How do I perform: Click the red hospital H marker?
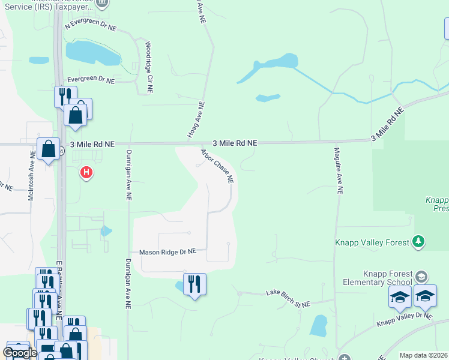(x=86, y=173)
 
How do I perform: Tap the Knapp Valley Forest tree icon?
(x=418, y=242)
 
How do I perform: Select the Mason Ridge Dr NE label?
(x=168, y=253)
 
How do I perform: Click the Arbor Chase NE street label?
(x=217, y=166)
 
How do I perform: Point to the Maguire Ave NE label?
(x=339, y=171)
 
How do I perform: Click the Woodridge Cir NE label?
(x=149, y=67)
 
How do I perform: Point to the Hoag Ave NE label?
(x=196, y=119)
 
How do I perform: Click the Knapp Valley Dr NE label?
(x=404, y=319)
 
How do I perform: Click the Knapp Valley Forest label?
(x=372, y=242)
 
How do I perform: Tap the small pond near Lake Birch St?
(x=318, y=325)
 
